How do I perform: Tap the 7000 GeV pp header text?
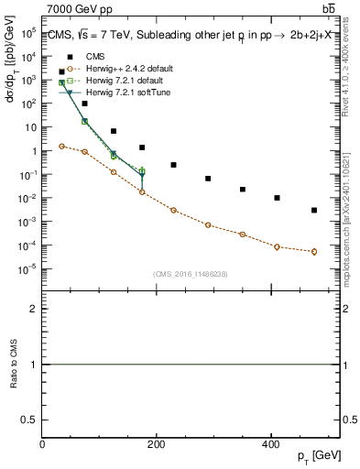point(78,9)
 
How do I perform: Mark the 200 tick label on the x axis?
point(156,444)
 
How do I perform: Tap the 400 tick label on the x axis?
point(269,444)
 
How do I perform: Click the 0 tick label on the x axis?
point(43,444)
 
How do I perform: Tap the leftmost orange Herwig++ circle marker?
point(61,146)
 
